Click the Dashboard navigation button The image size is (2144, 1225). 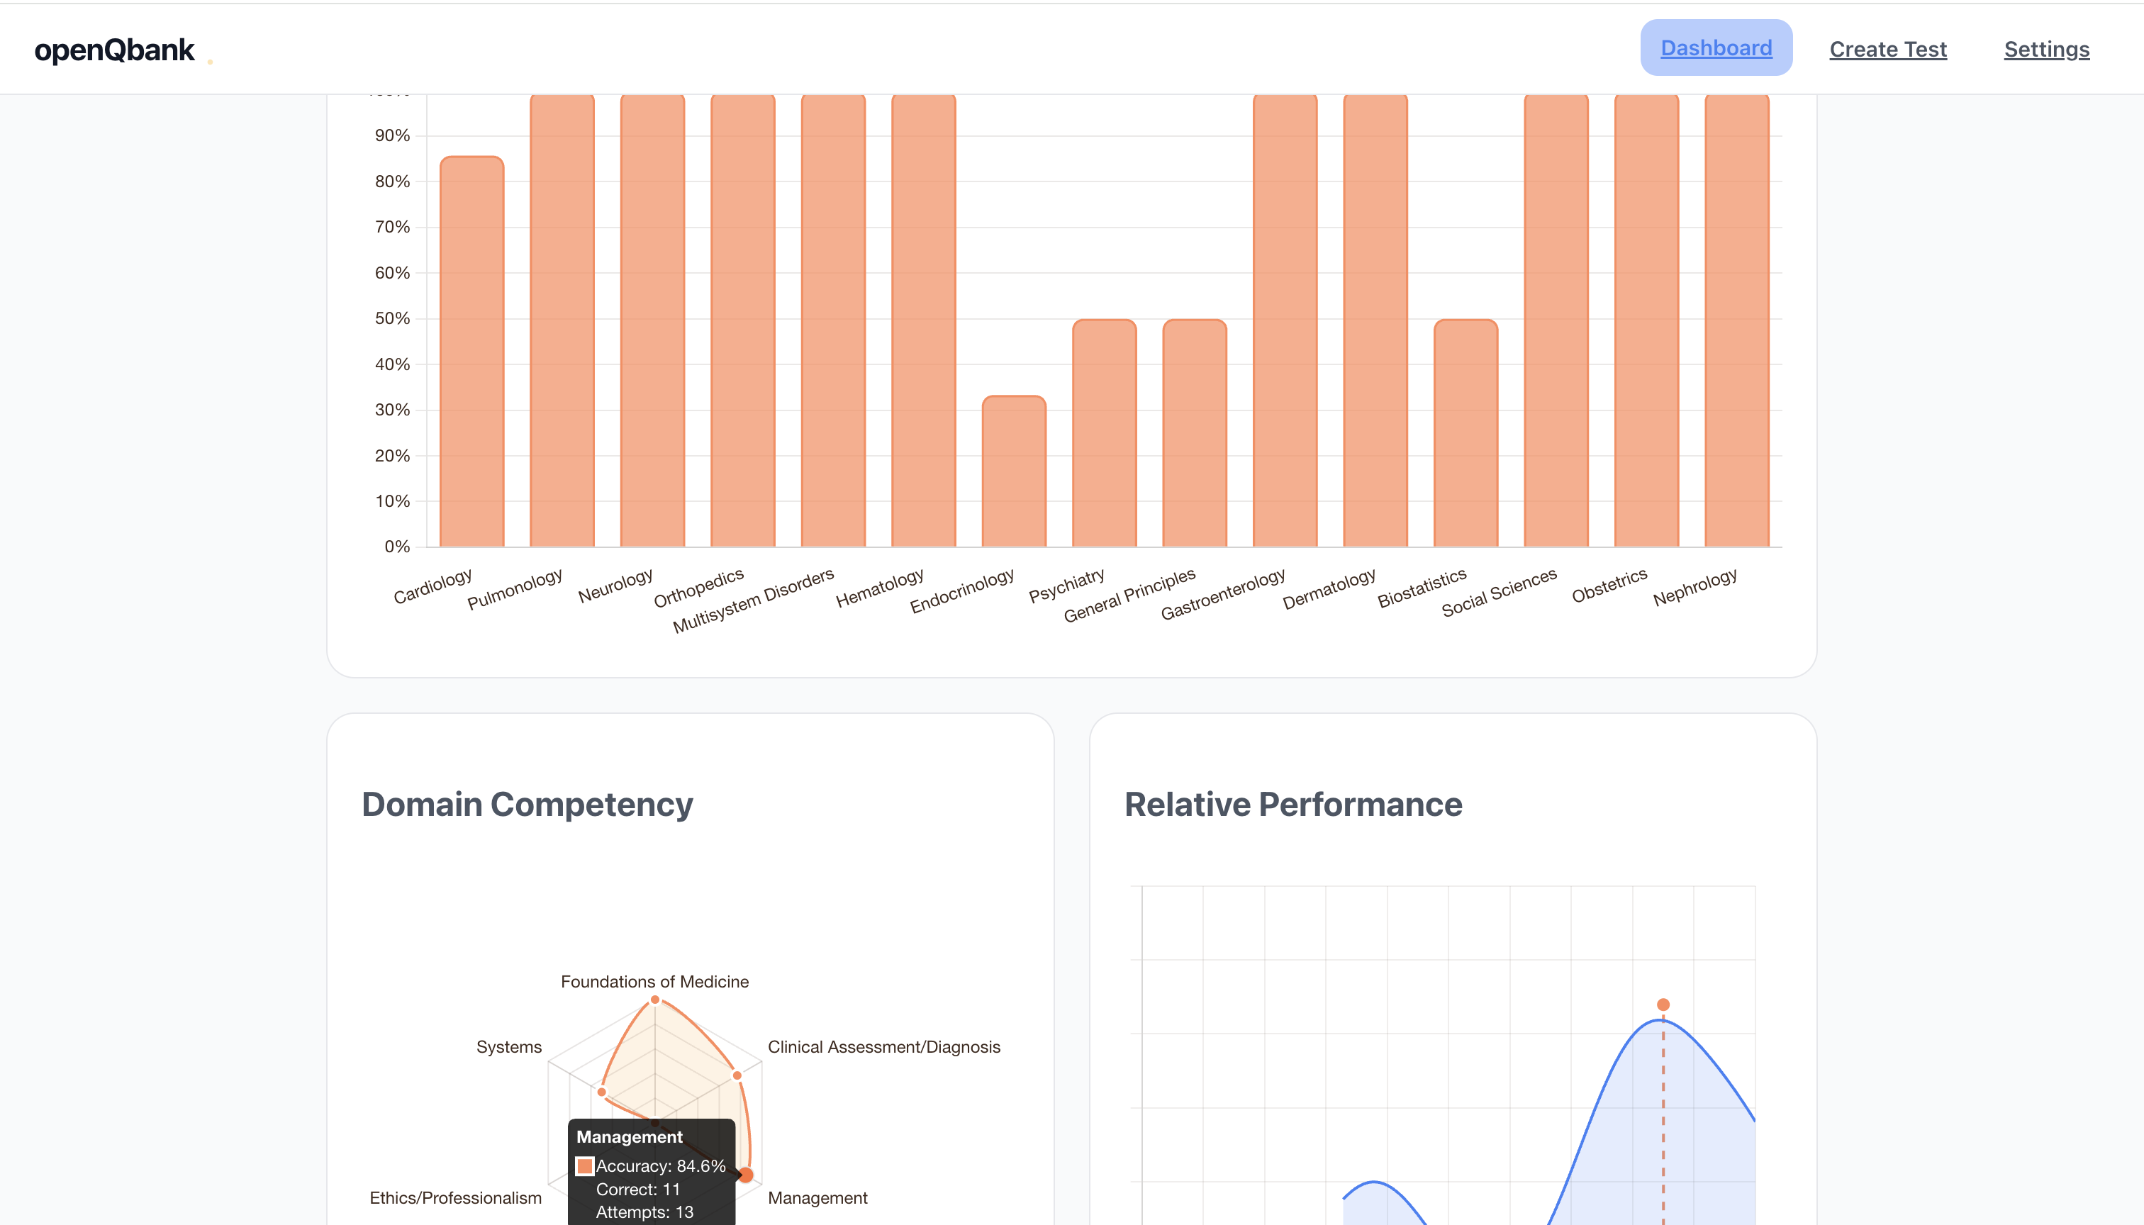click(x=1716, y=48)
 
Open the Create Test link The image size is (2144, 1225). click(x=1887, y=50)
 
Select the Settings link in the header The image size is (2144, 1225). click(x=2045, y=50)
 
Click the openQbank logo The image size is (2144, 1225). click(x=114, y=50)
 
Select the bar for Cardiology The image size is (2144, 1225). click(x=471, y=353)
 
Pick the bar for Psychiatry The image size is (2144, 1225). click(x=1104, y=433)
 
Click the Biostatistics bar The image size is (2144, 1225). click(x=1465, y=433)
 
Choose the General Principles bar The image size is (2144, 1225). click(x=1194, y=433)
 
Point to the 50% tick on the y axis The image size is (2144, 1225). click(x=392, y=319)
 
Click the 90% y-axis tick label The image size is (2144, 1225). click(x=392, y=135)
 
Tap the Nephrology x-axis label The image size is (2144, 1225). click(x=1694, y=587)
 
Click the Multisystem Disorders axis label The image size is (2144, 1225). click(x=753, y=600)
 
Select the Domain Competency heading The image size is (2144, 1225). click(x=527, y=805)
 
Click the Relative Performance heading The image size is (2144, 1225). click(x=1292, y=805)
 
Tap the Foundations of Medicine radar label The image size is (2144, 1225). click(x=654, y=982)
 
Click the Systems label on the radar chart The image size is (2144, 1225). click(x=509, y=1046)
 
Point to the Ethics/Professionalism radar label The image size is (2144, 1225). click(x=455, y=1198)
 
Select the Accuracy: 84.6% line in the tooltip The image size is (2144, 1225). click(x=659, y=1166)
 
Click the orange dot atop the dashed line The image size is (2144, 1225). click(x=1663, y=1005)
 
